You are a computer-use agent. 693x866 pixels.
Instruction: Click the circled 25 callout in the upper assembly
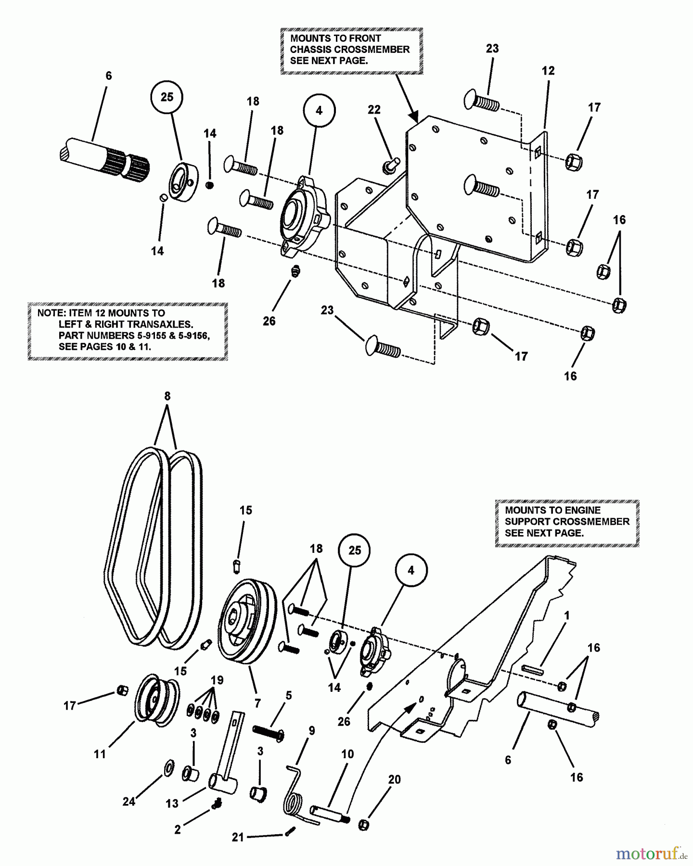tap(167, 97)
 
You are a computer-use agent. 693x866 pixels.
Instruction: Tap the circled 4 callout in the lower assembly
tap(411, 571)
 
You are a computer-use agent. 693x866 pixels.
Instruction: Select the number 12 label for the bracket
tap(548, 71)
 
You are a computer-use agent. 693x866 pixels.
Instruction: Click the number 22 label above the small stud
tap(374, 110)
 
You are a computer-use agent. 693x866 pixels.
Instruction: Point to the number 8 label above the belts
tap(167, 396)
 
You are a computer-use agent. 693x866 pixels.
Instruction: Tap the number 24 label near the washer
tap(128, 802)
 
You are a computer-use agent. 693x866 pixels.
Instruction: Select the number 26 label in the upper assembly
tap(269, 320)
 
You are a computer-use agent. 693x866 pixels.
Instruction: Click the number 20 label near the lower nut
tap(394, 779)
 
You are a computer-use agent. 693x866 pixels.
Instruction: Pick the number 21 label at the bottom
tap(238, 837)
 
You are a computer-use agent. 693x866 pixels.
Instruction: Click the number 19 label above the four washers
tap(217, 680)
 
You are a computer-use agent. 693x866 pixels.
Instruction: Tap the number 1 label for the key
tap(567, 615)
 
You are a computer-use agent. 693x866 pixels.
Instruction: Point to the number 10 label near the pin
tap(347, 754)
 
